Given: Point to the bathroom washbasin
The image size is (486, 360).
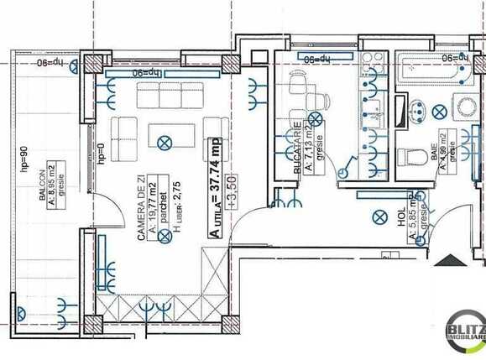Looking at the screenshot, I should (x=415, y=109).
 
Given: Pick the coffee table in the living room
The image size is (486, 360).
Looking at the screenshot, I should (x=165, y=134).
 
